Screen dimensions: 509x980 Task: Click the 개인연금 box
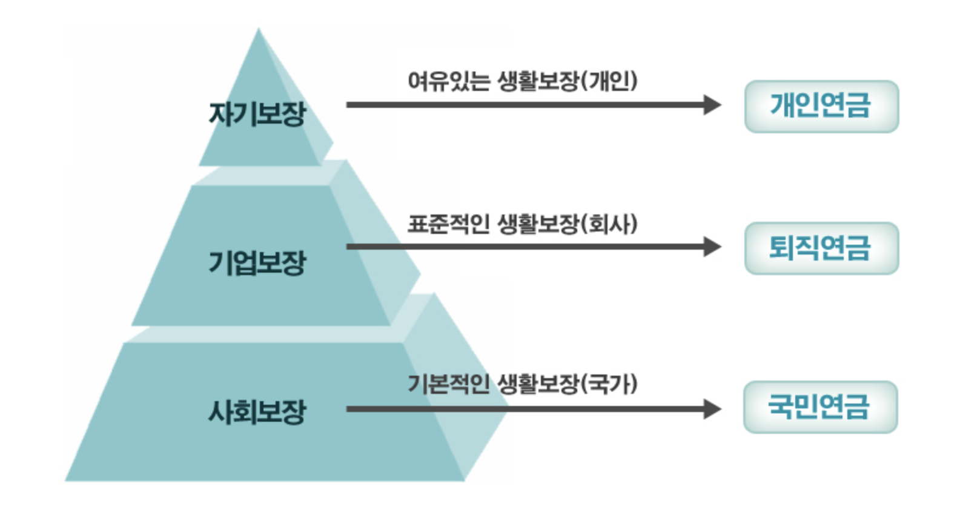coord(821,107)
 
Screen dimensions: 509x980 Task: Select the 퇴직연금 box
coord(821,248)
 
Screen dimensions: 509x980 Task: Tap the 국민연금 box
coord(820,407)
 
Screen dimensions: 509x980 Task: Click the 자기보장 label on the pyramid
coord(257,114)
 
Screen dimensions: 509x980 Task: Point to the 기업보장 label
coord(257,263)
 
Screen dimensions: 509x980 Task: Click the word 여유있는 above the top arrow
coord(448,81)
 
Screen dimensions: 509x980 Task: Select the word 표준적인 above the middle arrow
coord(448,224)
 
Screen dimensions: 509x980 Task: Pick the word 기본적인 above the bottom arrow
coord(448,384)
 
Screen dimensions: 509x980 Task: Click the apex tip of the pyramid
coord(259,30)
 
